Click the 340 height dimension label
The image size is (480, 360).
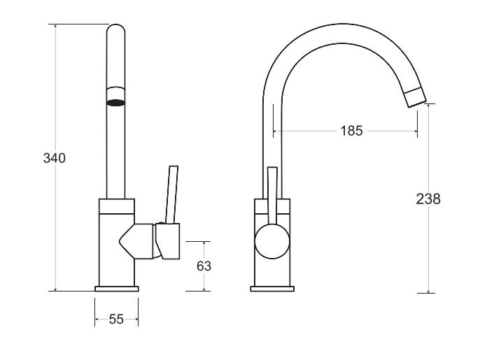coord(55,159)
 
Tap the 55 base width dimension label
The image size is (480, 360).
coord(116,319)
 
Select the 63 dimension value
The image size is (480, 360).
coord(204,266)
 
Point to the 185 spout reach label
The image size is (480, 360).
coord(351,131)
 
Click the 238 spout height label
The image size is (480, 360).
coord(428,199)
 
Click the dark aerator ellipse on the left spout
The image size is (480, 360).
coord(115,103)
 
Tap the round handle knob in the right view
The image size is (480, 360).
coord(272,242)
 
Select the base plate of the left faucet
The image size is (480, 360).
coord(117,289)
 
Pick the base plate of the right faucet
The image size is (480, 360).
coord(272,289)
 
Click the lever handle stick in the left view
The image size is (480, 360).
coord(171,195)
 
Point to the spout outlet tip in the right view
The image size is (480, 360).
coord(415,97)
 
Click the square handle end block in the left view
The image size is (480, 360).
coord(167,241)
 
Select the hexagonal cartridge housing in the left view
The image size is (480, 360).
coord(136,241)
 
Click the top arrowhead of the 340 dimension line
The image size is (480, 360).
coord(55,27)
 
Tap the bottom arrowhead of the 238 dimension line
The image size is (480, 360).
coord(428,291)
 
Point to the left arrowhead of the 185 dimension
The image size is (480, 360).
coord(275,131)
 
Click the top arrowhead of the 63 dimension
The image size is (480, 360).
coord(204,244)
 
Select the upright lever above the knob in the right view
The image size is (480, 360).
coord(272,196)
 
